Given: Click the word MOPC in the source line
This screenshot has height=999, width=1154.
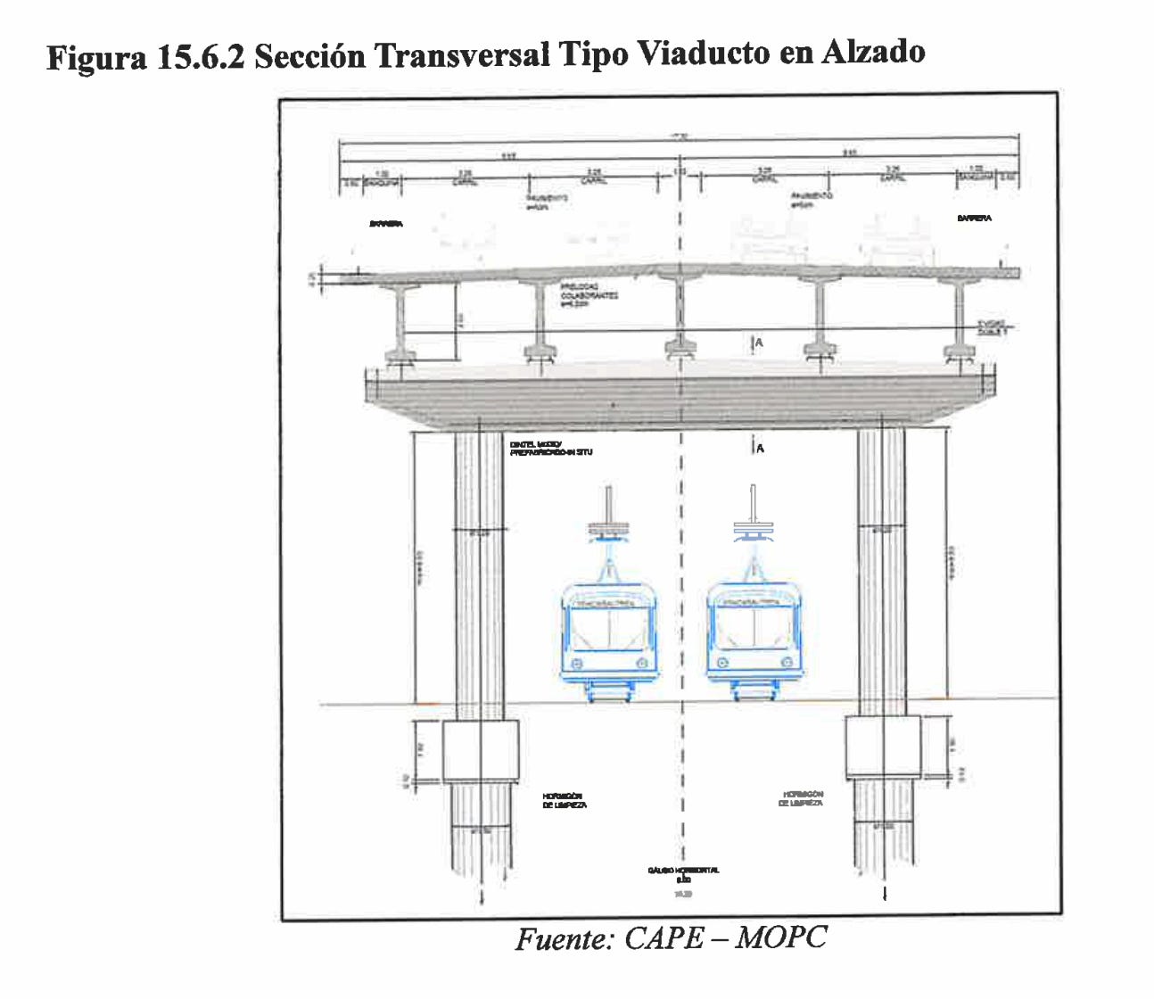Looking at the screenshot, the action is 781,937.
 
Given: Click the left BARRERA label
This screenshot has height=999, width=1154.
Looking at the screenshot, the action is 386,224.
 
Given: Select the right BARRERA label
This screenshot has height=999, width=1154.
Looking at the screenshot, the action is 974,218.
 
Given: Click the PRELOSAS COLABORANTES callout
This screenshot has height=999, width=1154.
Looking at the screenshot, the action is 589,294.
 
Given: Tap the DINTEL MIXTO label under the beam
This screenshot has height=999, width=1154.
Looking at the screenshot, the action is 550,449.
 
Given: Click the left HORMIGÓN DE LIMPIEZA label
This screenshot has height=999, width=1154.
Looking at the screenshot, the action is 564,800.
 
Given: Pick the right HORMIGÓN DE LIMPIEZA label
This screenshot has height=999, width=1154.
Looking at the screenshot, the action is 803,798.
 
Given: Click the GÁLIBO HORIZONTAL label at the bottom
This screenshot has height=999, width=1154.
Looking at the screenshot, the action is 683,871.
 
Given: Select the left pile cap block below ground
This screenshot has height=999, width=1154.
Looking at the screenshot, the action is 481,751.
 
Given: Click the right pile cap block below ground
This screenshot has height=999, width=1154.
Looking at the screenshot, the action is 882,746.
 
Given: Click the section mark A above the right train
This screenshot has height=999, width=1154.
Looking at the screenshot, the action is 759,448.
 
